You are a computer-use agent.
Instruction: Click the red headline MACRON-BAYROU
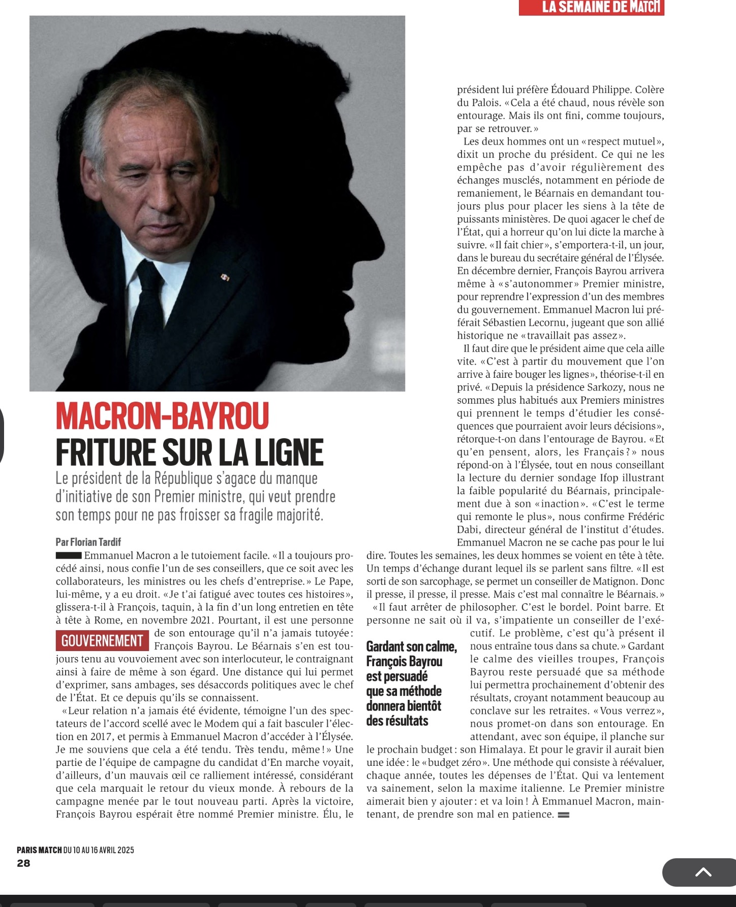click(162, 416)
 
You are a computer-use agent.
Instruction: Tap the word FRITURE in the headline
click(105, 452)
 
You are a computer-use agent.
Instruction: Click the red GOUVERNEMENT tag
click(102, 641)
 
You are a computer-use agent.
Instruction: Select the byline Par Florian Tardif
click(88, 542)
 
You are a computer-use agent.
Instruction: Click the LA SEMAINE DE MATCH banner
click(591, 7)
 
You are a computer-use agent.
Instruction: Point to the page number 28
click(23, 863)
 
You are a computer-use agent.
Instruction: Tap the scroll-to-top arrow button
click(703, 872)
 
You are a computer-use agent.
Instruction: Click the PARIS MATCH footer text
click(39, 850)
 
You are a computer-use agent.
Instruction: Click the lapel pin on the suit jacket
click(225, 277)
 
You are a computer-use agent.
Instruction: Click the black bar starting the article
click(69, 556)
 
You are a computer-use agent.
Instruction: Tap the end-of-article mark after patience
click(563, 815)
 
